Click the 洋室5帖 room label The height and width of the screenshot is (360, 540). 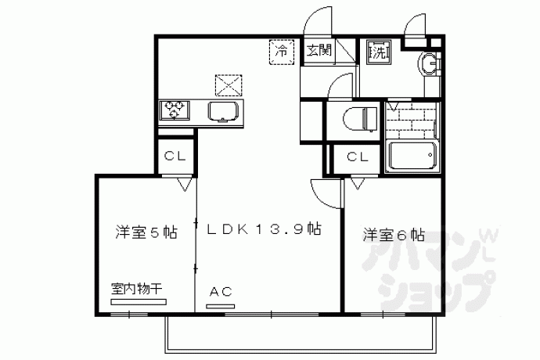tap(146, 232)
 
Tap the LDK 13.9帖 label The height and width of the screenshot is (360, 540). tap(265, 229)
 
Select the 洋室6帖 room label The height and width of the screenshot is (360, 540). tap(394, 236)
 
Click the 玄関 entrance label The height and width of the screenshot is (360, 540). tap(319, 50)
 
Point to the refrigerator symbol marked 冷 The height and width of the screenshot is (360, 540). tap(282, 52)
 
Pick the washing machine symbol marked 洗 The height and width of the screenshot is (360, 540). tap(379, 52)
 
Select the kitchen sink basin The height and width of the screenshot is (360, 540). tap(224, 112)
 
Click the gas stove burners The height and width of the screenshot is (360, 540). tap(175, 110)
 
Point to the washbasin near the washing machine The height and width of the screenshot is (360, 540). tap(428, 63)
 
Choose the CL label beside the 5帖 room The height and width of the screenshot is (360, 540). tap(175, 156)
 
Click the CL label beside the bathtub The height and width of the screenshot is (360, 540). tap(358, 157)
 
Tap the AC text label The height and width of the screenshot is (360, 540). tap(221, 292)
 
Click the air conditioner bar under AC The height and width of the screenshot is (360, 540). tap(221, 306)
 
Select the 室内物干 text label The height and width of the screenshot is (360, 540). tap(136, 289)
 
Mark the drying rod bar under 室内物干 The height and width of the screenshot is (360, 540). tap(139, 302)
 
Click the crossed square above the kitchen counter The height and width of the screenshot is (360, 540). tap(229, 85)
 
